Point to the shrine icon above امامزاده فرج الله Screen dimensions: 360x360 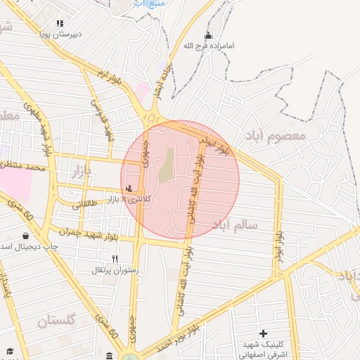[x=207, y=36]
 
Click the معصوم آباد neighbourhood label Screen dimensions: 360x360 [x=275, y=134]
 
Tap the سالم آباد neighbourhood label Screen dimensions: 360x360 [x=233, y=226]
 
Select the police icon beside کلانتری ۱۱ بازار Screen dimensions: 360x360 [x=128, y=188]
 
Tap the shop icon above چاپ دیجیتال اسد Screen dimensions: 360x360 [x=25, y=236]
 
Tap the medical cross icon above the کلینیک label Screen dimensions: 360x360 [x=263, y=333]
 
